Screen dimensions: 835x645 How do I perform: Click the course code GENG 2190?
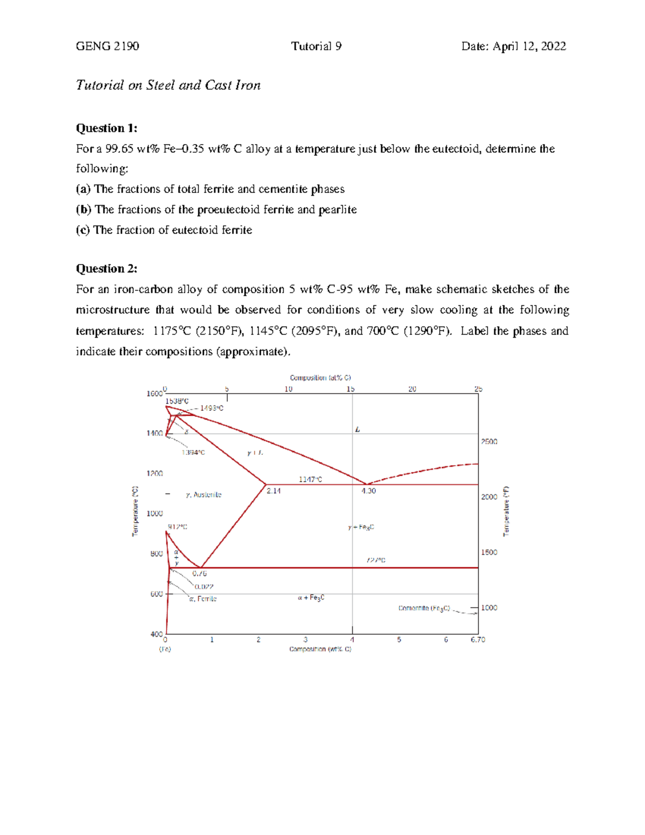click(x=107, y=46)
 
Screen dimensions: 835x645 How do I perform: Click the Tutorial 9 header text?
click(x=316, y=46)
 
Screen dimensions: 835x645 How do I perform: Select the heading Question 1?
click(x=106, y=128)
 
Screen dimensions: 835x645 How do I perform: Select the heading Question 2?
click(x=106, y=268)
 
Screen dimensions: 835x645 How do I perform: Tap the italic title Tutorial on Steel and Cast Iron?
click(x=168, y=85)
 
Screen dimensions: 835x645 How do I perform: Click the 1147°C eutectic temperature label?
click(x=310, y=479)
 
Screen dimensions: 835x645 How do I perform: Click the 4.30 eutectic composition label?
click(x=369, y=491)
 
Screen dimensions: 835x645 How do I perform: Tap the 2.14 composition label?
click(x=274, y=491)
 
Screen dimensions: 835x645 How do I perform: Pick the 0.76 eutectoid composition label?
click(x=199, y=574)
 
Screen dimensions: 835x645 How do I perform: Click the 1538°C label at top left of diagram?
click(x=177, y=401)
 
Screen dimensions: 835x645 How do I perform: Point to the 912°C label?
click(x=177, y=527)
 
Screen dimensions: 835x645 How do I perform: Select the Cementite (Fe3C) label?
click(x=424, y=608)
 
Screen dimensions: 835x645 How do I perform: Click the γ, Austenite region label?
click(x=204, y=495)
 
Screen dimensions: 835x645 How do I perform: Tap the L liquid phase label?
click(x=357, y=430)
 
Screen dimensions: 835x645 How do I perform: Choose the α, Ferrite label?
click(x=203, y=599)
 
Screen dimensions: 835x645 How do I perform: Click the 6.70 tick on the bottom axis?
click(x=478, y=640)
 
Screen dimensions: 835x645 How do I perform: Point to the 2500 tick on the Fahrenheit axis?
click(x=489, y=441)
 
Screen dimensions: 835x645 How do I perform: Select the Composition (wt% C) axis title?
click(x=320, y=650)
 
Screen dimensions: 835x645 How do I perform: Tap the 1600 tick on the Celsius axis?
click(x=154, y=394)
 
